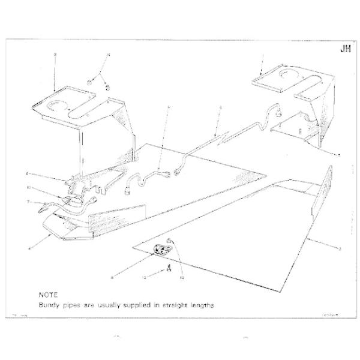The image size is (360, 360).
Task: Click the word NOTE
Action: (49, 295)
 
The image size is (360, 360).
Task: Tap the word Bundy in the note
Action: (49, 305)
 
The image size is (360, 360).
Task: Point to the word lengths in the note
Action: (200, 305)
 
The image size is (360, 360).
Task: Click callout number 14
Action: (108, 55)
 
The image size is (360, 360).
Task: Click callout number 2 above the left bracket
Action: (55, 54)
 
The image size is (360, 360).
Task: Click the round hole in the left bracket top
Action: (59, 107)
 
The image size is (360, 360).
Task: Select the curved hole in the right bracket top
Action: (287, 73)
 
